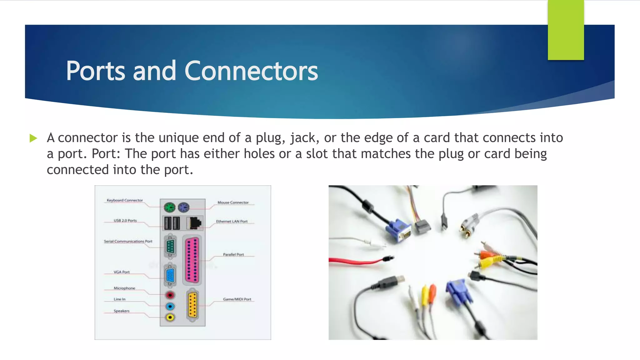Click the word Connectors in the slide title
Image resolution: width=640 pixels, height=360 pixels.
(x=251, y=71)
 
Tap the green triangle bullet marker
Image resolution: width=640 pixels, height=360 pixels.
(x=33, y=138)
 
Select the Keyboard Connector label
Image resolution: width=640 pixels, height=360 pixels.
(x=125, y=200)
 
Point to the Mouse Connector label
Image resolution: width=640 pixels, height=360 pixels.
(x=233, y=202)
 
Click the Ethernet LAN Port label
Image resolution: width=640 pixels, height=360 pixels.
(x=232, y=221)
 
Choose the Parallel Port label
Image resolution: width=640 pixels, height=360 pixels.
(x=233, y=254)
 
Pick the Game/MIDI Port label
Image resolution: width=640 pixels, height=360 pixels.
(x=237, y=299)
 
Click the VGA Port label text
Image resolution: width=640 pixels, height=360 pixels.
(x=122, y=272)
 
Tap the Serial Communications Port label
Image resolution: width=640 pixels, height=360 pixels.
(x=128, y=241)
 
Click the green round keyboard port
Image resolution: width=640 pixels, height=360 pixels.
(x=169, y=207)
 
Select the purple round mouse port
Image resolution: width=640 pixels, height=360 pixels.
(x=184, y=207)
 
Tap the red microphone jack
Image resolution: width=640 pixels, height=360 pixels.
(x=170, y=295)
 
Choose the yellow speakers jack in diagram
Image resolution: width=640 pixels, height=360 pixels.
(x=170, y=317)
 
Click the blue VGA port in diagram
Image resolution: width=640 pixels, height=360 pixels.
(x=170, y=276)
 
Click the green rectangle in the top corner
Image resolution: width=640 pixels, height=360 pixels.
(x=566, y=30)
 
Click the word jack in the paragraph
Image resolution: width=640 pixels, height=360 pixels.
(x=303, y=138)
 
